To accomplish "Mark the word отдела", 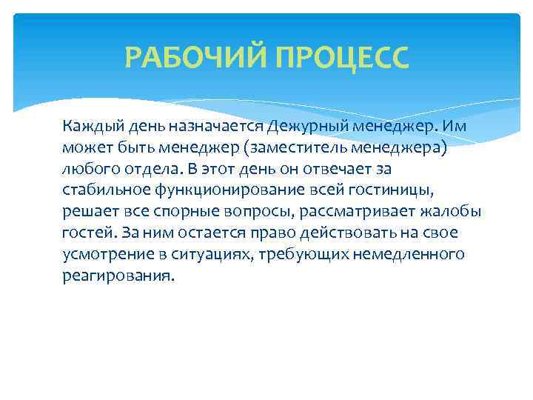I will click(x=143, y=168).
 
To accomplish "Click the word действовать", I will click(x=343, y=233).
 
